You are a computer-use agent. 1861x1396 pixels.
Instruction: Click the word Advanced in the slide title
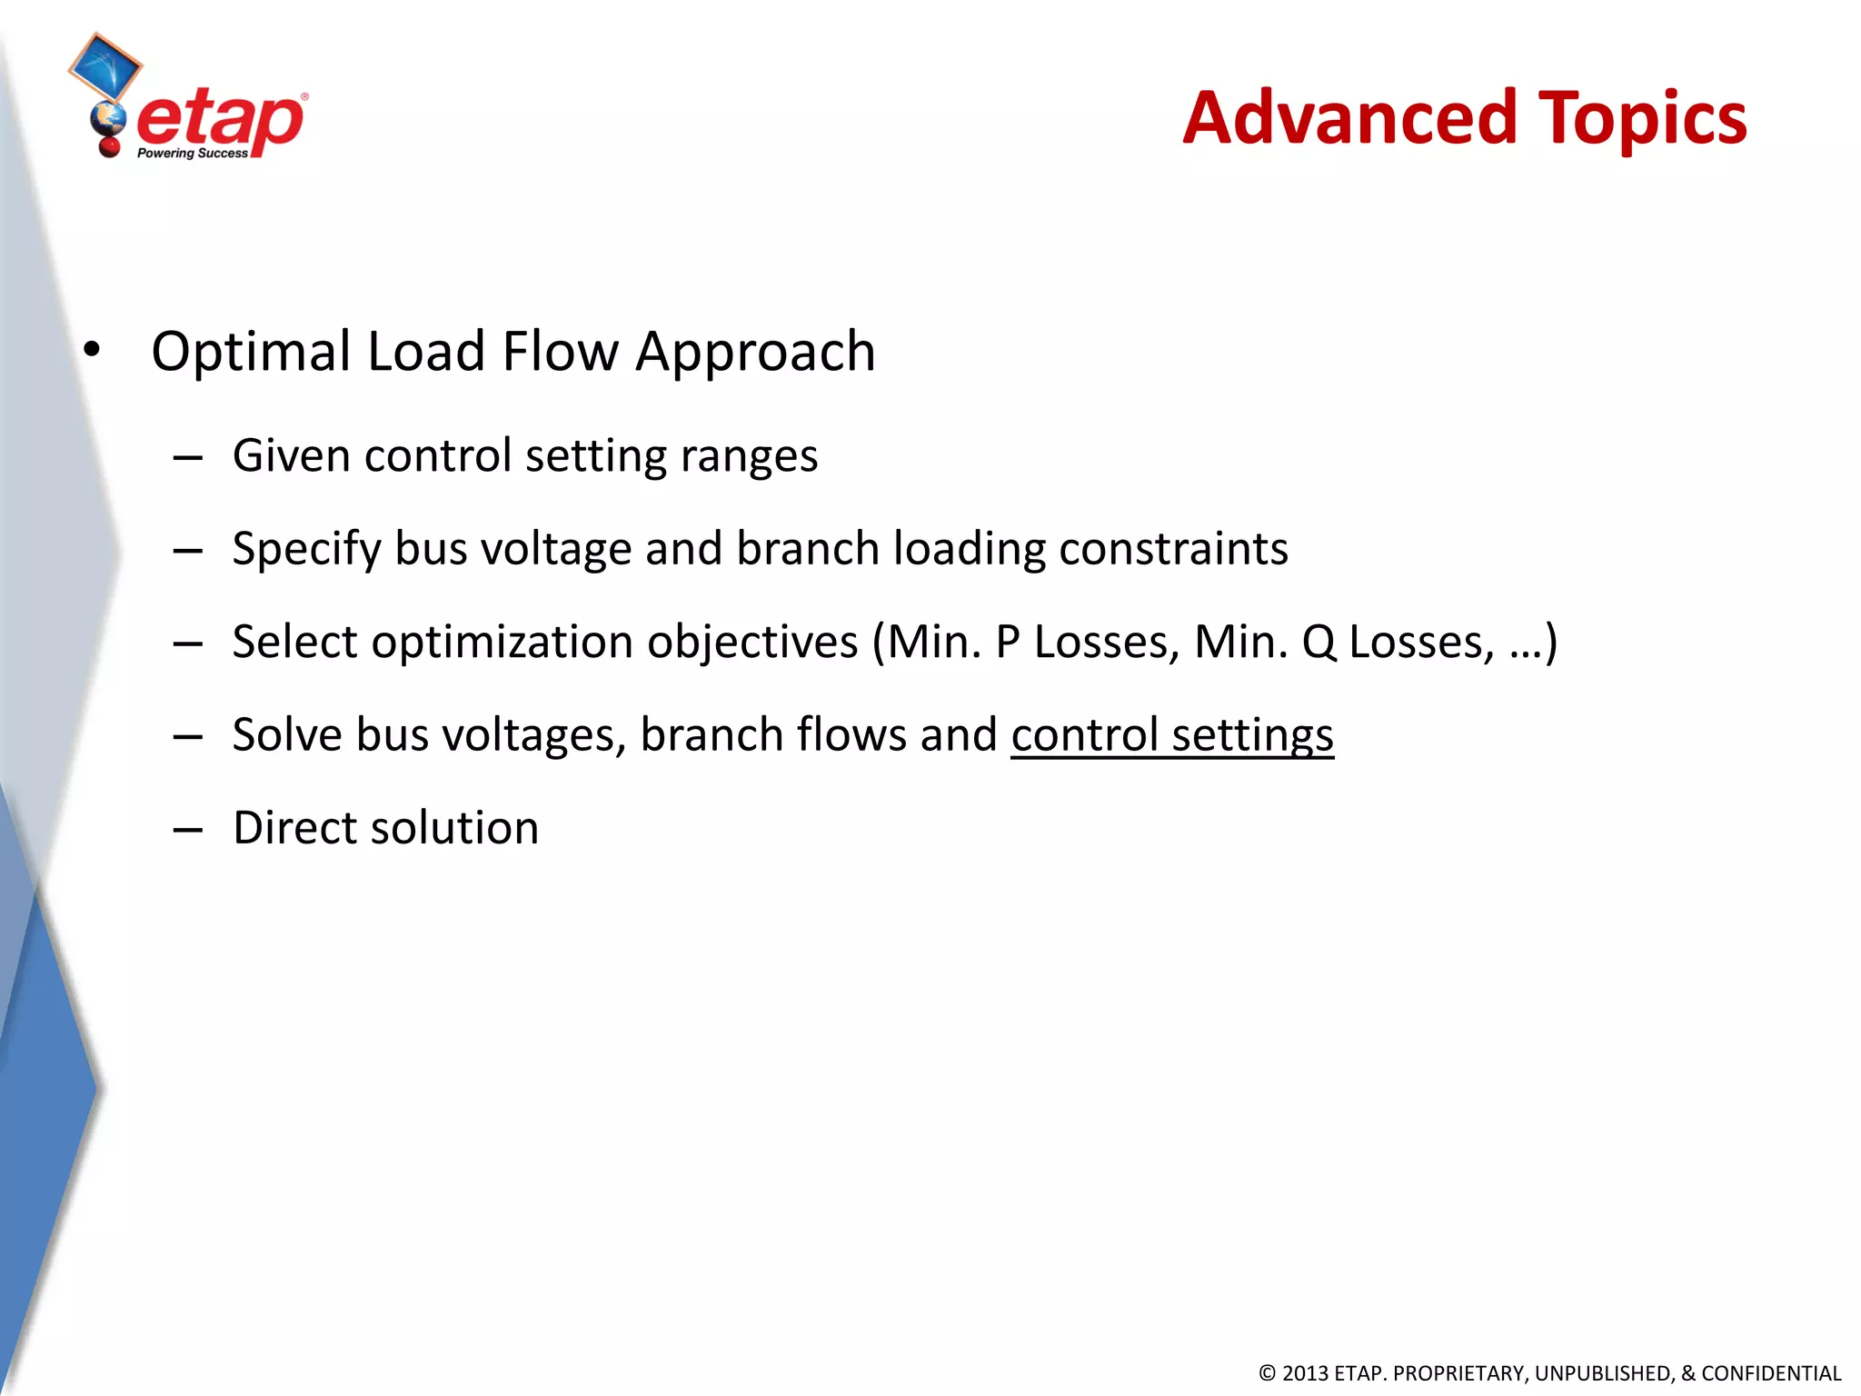(x=1349, y=118)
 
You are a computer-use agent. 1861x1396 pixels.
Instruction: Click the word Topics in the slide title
(x=1642, y=120)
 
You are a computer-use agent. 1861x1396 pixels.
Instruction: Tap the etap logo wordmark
(x=220, y=120)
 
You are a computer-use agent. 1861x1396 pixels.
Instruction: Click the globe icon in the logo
(x=108, y=118)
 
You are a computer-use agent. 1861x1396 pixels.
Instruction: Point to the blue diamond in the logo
(x=104, y=66)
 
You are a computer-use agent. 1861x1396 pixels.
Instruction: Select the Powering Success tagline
(x=192, y=154)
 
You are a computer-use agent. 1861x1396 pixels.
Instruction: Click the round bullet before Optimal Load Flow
(x=91, y=350)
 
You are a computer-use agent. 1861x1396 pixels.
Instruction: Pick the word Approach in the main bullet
(x=755, y=352)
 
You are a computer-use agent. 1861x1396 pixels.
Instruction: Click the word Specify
(x=306, y=550)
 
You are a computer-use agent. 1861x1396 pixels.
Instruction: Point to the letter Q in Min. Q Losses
(x=1319, y=643)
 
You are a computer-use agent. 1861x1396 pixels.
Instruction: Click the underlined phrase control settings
(x=1172, y=735)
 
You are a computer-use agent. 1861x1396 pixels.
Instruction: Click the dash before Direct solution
(x=187, y=829)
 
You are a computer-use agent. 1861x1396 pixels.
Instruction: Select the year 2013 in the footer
(x=1305, y=1373)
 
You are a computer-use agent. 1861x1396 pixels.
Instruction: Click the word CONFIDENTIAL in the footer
(x=1770, y=1373)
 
